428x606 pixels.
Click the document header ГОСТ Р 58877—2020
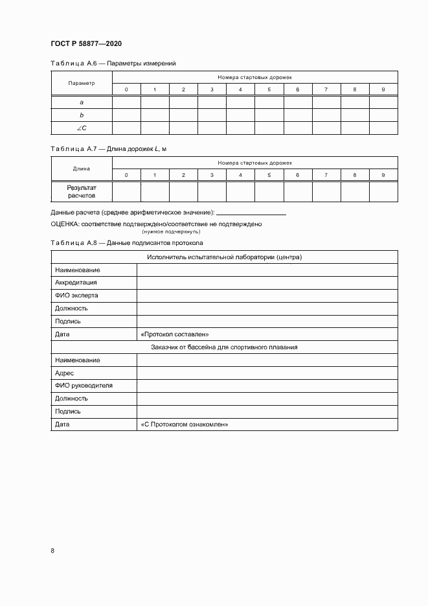click(x=86, y=43)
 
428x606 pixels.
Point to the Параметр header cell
click(x=82, y=83)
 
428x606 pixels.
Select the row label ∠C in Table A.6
click(x=82, y=128)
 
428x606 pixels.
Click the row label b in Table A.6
click(x=82, y=115)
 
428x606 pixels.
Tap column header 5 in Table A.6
click(x=269, y=89)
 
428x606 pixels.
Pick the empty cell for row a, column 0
click(x=126, y=102)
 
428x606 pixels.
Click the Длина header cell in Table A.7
click(x=82, y=169)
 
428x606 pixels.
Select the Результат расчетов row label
click(x=82, y=191)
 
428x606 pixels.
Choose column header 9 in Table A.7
click(x=383, y=175)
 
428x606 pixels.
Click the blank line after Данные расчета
click(x=251, y=213)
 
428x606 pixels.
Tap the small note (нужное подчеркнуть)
click(x=172, y=231)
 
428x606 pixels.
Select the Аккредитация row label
click(x=76, y=283)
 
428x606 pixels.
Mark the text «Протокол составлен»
click(x=174, y=334)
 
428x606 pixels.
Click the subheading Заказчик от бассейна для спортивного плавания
click(x=224, y=347)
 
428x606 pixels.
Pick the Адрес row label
click(x=65, y=373)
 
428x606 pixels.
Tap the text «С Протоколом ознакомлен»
click(x=185, y=425)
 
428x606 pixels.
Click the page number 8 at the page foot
click(x=52, y=551)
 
